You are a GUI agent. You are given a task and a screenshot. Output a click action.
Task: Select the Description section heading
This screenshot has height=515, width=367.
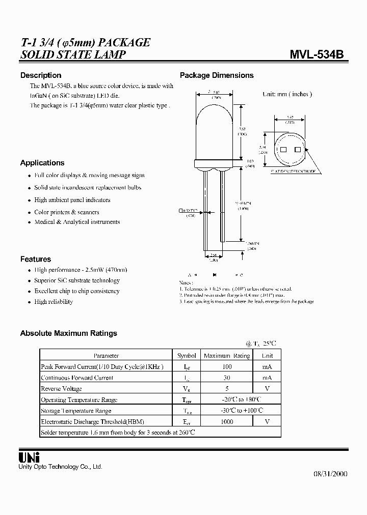coord(41,75)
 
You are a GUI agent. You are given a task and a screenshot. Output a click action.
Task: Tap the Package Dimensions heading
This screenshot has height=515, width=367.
coord(217,75)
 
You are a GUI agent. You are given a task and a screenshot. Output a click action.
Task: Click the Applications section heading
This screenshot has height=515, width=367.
coord(42,163)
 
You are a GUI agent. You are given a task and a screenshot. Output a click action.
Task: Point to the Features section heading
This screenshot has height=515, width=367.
coord(36,259)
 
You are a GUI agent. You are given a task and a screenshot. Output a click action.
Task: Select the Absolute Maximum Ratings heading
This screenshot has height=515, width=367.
coord(68,333)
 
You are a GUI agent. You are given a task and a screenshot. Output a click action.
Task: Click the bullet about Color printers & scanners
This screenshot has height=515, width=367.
coord(66,212)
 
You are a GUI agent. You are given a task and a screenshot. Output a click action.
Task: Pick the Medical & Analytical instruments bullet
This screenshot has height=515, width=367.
coord(77,222)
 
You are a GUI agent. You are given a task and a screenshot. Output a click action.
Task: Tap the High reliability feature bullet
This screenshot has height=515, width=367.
coord(54,302)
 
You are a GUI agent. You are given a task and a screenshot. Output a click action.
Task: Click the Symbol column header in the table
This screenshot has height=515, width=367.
coord(186,356)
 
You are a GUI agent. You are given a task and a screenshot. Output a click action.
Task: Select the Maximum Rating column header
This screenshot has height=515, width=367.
coord(227,356)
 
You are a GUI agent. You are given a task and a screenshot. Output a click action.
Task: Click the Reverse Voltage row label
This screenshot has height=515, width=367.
coord(61,389)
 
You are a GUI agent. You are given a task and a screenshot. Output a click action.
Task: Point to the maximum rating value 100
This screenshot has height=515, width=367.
coord(227,367)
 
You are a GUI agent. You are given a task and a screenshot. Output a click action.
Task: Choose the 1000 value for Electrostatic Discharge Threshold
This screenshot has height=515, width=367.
coord(227,421)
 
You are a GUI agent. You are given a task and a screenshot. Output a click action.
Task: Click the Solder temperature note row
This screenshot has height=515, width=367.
coord(118,432)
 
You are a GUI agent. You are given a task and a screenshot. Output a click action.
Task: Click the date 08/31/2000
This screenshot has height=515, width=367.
coord(330,474)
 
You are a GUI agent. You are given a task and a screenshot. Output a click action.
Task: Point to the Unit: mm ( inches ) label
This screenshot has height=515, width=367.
coord(287,94)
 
